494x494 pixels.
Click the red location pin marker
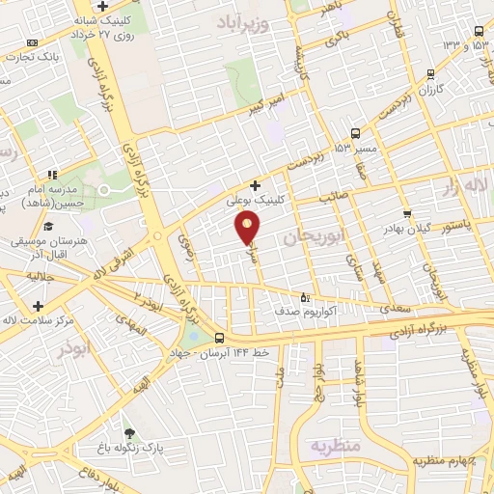pos(248,228)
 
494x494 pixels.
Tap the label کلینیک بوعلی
pos(255,203)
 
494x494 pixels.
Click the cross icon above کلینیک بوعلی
pos(255,185)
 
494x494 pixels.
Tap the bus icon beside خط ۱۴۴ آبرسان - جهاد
pos(221,338)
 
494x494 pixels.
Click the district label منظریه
pos(334,446)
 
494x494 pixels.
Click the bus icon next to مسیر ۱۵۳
pos(356,133)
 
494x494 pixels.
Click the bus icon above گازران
pos(430,72)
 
